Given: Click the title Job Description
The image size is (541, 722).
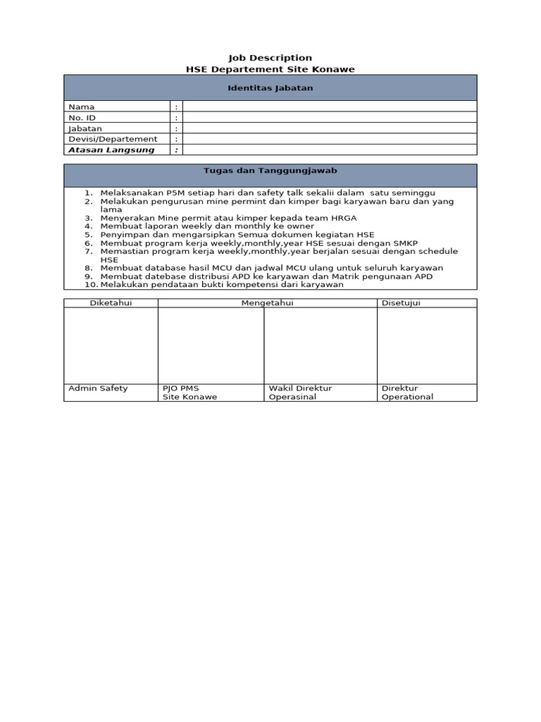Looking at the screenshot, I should tap(270, 58).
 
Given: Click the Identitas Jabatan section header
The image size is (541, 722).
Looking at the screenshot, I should tap(270, 88).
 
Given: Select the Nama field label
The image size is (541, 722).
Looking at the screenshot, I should tap(81, 106).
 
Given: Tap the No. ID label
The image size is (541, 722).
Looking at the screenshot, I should tap(82, 118).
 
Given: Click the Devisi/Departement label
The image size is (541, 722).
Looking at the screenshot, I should tap(113, 139).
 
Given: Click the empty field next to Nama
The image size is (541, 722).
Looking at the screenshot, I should tap(329, 106).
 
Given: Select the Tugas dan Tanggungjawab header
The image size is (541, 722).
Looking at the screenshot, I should tap(270, 171).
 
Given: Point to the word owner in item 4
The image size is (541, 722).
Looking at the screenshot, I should tap(301, 226).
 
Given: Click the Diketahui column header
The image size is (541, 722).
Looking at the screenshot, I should tap(111, 303).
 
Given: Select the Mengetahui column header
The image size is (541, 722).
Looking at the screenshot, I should tap(267, 303).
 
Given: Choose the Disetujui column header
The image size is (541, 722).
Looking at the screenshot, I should tap(401, 303).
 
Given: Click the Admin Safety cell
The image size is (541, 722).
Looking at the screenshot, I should tap(98, 388).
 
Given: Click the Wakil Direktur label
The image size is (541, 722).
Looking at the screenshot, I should tap(300, 388).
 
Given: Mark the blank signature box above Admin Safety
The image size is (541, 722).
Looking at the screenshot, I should tap(111, 345).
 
